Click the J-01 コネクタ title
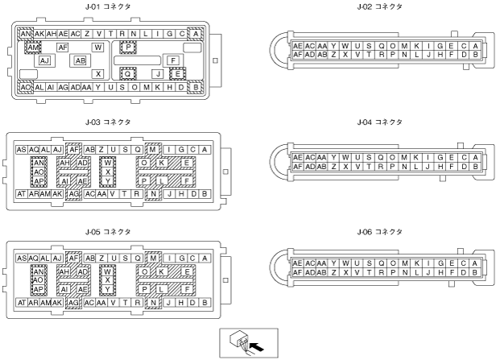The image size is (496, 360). tap(110, 6)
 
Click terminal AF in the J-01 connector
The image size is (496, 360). tap(62, 48)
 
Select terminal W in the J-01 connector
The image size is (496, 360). tap(99, 48)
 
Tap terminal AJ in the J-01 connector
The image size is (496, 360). tap(45, 60)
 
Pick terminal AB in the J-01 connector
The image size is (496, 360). tap(81, 60)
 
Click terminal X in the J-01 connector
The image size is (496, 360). tap(97, 73)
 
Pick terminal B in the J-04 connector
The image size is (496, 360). tap(476, 166)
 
